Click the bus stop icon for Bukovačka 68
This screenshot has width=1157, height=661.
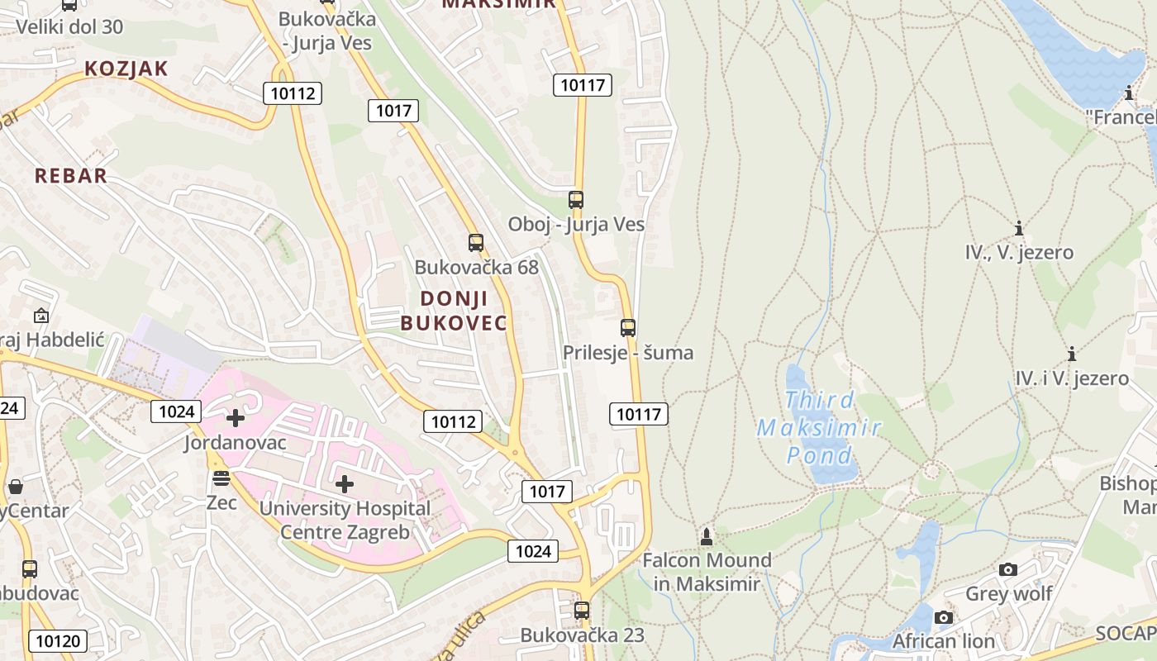click(x=475, y=242)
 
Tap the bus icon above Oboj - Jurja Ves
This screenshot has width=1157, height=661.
click(x=576, y=199)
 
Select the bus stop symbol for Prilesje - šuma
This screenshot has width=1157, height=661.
click(x=628, y=327)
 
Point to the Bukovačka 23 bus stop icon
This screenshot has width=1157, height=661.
click(x=582, y=611)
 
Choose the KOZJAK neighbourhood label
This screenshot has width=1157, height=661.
click(x=126, y=69)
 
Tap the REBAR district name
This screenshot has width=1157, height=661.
click(x=71, y=175)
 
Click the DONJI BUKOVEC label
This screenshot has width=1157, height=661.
click(x=454, y=311)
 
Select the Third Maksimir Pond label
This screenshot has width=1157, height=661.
click(x=819, y=428)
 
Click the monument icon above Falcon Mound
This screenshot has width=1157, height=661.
click(x=706, y=536)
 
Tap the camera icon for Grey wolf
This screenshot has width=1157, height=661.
click(x=1007, y=569)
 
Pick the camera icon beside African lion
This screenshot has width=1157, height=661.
click(x=943, y=617)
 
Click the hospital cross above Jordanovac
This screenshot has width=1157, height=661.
click(x=236, y=418)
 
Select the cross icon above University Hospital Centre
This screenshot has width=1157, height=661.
click(x=345, y=484)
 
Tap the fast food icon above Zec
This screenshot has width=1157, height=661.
click(x=221, y=478)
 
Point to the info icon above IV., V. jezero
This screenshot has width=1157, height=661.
click(x=1019, y=228)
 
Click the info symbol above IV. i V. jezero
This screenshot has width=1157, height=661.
click(x=1072, y=354)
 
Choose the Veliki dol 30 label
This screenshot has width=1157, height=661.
click(x=69, y=26)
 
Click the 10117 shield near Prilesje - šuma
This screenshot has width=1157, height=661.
click(x=639, y=414)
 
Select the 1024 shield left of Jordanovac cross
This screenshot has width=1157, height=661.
click(x=177, y=411)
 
